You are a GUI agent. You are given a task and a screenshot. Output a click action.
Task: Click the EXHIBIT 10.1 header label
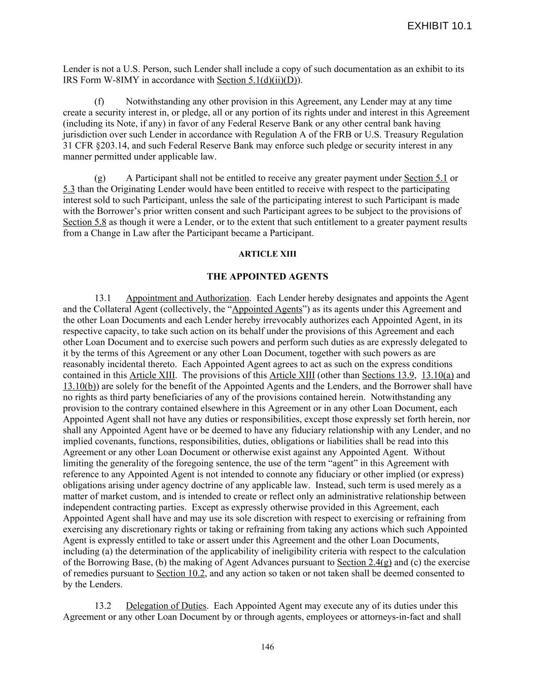pos(439,26)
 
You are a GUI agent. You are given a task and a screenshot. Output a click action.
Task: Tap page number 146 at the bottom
pos(267,646)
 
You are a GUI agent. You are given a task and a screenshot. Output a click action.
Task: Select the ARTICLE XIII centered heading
pos(267,254)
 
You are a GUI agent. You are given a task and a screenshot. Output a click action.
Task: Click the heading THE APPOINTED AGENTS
pos(267,276)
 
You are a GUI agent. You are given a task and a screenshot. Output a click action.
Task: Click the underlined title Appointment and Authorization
pos(187,298)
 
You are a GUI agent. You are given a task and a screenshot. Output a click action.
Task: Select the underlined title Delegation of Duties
pos(166,606)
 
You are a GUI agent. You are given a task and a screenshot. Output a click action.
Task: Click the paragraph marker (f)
pos(100,101)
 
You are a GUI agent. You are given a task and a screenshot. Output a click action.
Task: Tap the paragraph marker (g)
pos(100,178)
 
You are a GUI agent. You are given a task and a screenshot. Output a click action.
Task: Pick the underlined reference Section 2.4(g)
pos(364,562)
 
